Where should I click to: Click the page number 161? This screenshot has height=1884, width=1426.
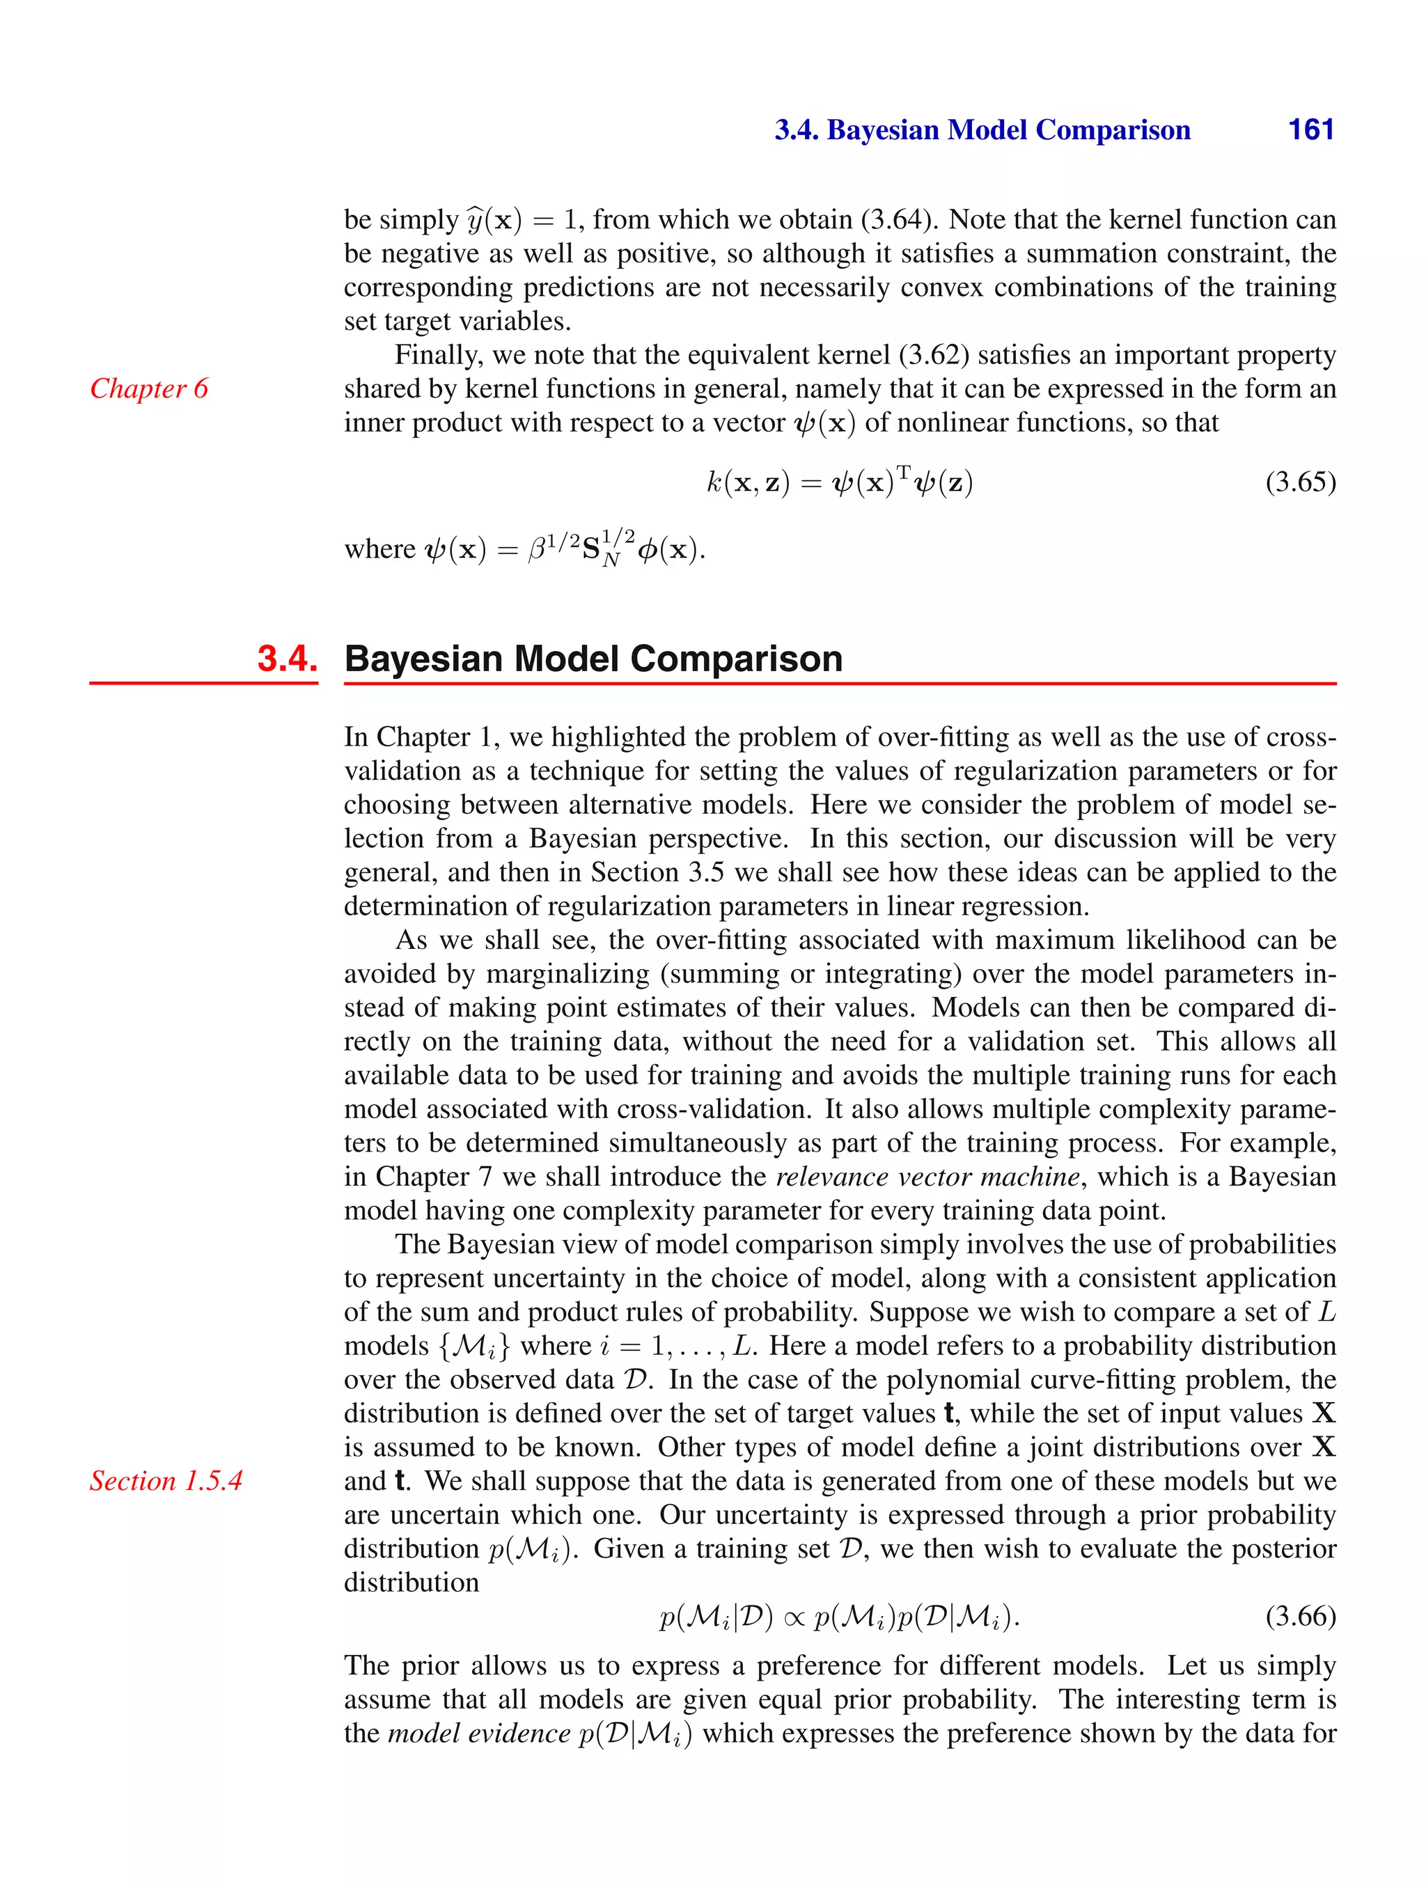coord(1310,129)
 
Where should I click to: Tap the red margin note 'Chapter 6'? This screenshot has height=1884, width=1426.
coord(149,388)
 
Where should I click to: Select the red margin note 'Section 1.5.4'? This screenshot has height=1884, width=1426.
coord(166,1480)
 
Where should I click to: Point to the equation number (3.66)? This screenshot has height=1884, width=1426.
coord(1300,1616)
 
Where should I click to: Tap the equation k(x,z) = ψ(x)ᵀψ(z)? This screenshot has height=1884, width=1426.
coord(839,483)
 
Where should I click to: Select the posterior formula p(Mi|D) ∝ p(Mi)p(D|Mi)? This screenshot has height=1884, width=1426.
coord(839,1616)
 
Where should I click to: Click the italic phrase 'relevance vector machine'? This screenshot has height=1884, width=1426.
coord(927,1176)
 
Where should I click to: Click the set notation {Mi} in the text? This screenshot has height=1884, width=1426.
coord(473,1346)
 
